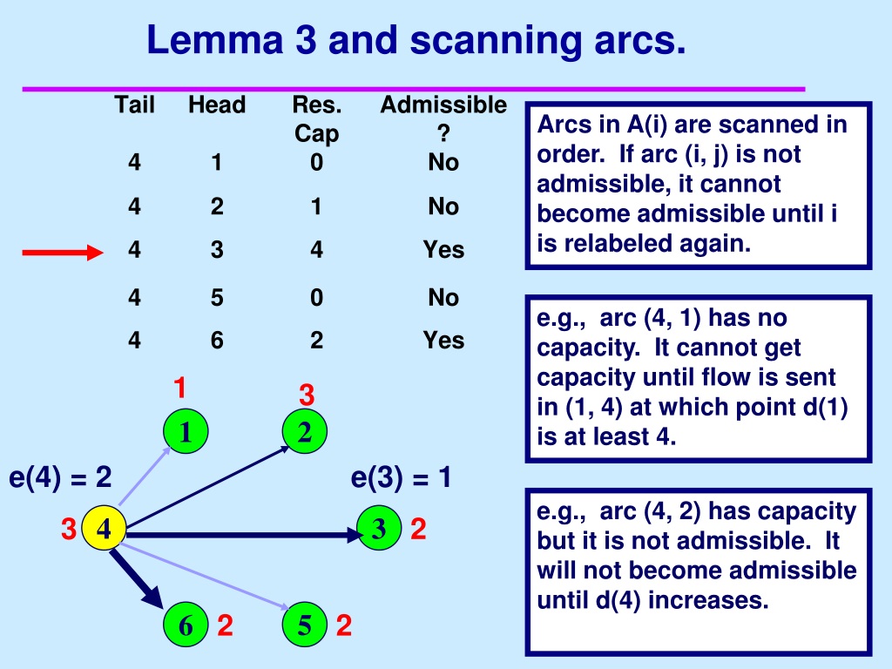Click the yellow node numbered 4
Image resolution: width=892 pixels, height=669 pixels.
pos(104,528)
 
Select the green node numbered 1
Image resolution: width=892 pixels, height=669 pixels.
pos(186,431)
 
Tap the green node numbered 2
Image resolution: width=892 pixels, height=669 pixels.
pos(304,431)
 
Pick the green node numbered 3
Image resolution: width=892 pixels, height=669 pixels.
pos(379,528)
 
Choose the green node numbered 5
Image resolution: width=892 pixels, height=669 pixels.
pos(304,625)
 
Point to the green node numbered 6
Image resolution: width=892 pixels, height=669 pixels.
pos(186,625)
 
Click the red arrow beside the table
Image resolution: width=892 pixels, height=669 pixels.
pos(63,252)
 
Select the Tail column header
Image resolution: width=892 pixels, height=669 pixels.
pos(134,105)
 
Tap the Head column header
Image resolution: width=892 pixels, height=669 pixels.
pos(217,105)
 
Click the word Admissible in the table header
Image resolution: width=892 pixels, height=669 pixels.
pos(443,105)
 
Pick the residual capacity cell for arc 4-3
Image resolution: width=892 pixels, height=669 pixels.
pos(316,250)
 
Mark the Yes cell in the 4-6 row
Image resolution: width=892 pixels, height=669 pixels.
pos(443,341)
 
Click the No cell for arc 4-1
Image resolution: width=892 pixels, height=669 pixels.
pos(443,162)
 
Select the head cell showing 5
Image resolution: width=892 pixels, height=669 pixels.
pos(217,298)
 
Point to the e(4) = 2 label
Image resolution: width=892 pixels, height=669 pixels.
pos(60,476)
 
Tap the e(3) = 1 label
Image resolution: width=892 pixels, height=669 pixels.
pos(401,476)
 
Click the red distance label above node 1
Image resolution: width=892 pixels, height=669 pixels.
pos(179,388)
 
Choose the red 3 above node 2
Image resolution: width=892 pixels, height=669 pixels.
pos(307,395)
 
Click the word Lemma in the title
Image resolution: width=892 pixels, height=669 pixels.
pos(215,40)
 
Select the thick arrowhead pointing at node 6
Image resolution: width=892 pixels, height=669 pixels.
pos(152,595)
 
